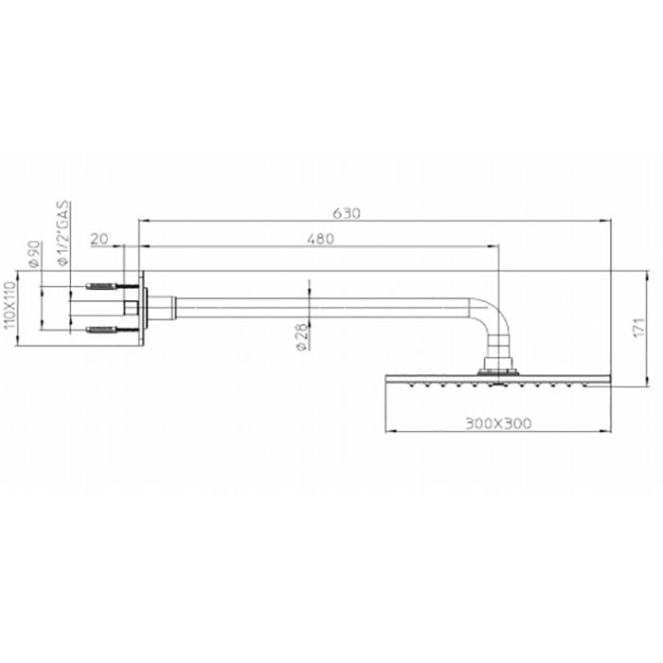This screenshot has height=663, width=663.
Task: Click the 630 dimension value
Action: pyautogui.click(x=348, y=214)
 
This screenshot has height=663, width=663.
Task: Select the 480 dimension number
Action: pyautogui.click(x=320, y=240)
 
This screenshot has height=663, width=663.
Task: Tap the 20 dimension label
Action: pyautogui.click(x=99, y=240)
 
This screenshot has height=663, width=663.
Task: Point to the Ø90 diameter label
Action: pyautogui.click(x=34, y=253)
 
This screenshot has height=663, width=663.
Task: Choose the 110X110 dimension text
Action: pyautogui.click(x=10, y=305)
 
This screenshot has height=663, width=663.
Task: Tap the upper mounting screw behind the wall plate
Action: pyautogui.click(x=105, y=284)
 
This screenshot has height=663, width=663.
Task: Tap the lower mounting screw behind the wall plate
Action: pyautogui.click(x=105, y=330)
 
